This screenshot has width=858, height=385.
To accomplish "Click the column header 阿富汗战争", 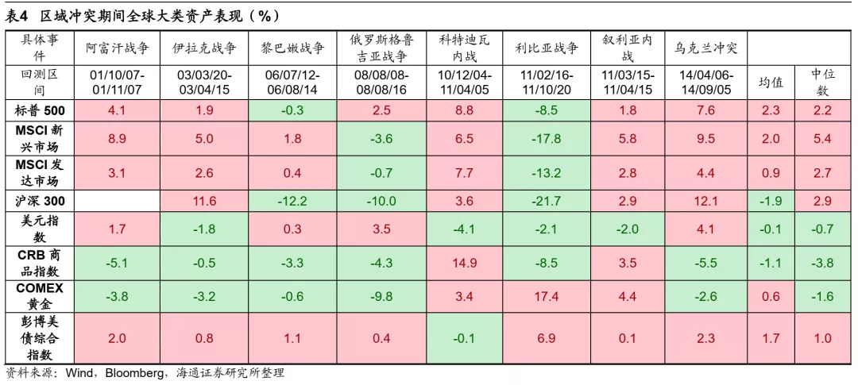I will [x=117, y=48].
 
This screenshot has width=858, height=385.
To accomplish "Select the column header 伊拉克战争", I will [x=204, y=48].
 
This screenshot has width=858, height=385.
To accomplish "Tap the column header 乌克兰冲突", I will [x=705, y=48].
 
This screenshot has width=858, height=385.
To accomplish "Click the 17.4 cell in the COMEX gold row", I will [x=546, y=296].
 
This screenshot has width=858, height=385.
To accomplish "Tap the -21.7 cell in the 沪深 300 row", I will [x=546, y=202].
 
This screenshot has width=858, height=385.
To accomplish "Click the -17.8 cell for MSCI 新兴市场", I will [x=546, y=139].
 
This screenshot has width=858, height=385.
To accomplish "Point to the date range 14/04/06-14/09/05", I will [x=705, y=83].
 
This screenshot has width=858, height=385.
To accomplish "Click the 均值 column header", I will [x=770, y=83].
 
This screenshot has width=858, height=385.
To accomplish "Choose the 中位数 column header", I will [x=821, y=83].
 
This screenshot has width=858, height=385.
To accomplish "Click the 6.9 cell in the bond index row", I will [x=546, y=338].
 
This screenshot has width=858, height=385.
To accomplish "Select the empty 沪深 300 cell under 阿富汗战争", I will [x=117, y=202].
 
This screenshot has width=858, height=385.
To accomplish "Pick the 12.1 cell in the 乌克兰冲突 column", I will [x=705, y=202].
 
